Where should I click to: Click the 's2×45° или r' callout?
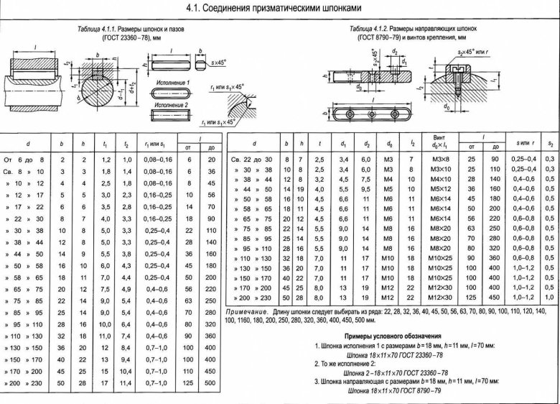coord(473,53)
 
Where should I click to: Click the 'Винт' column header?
coord(437,137)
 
